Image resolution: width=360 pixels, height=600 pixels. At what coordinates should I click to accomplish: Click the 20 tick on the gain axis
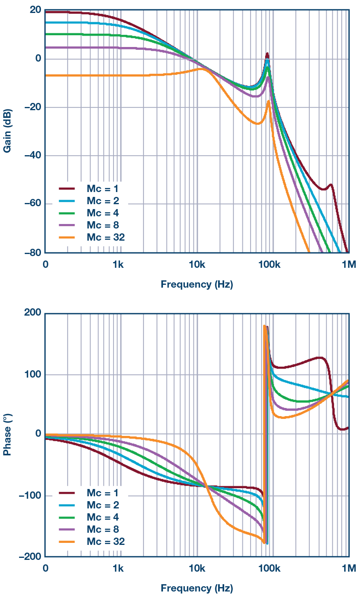click(35, 10)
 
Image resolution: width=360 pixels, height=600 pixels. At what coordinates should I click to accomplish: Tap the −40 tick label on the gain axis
click(32, 156)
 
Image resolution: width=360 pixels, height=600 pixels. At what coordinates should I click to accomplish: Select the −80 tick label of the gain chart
click(32, 252)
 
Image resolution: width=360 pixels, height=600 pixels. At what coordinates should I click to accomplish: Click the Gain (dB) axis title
click(7, 130)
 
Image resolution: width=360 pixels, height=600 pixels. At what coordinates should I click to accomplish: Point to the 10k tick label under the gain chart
click(197, 265)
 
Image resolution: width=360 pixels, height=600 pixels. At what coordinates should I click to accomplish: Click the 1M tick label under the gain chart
click(348, 265)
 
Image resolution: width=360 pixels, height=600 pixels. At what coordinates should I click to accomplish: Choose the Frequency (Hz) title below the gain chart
click(197, 284)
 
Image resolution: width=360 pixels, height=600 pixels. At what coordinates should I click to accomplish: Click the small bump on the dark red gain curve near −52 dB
click(331, 185)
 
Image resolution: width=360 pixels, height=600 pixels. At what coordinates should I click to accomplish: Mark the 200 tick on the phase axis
click(33, 313)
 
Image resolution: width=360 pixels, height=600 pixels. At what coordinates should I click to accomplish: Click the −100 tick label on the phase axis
click(30, 495)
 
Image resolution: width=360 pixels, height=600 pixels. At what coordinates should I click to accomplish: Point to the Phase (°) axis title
click(7, 435)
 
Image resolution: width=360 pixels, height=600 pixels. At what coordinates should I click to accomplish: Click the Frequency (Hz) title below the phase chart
click(197, 588)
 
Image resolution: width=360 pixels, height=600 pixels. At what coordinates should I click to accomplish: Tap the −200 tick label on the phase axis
click(30, 557)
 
